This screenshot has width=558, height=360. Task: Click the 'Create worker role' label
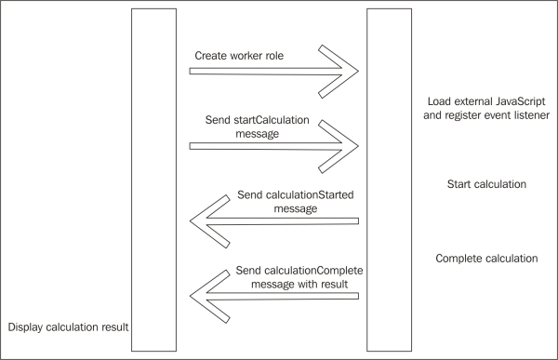point(240,55)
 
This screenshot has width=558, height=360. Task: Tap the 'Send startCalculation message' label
point(249,127)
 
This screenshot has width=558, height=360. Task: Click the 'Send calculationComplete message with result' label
point(293,277)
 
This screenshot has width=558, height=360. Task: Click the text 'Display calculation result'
point(67,327)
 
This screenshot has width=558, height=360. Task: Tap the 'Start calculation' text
point(486,184)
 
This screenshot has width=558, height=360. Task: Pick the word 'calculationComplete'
point(312,270)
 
